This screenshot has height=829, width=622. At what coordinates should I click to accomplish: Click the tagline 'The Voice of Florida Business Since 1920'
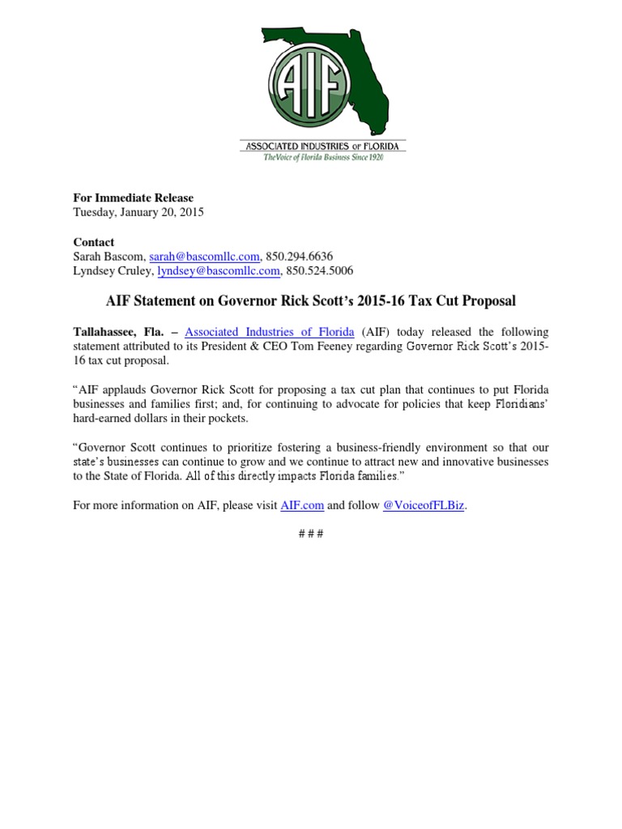[323, 157]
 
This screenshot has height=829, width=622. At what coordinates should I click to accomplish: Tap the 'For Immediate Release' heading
[134, 198]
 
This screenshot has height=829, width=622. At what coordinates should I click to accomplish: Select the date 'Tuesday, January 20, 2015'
[138, 213]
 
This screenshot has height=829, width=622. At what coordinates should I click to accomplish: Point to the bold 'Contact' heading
[94, 242]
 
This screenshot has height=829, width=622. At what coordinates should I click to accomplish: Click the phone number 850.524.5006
[320, 271]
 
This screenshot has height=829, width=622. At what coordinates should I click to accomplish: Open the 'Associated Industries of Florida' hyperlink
[270, 332]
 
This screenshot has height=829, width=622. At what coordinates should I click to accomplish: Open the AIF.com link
[302, 505]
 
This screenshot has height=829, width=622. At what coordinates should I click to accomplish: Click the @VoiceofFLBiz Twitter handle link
[424, 505]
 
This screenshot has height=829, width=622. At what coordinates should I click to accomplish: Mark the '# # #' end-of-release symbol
[311, 535]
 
